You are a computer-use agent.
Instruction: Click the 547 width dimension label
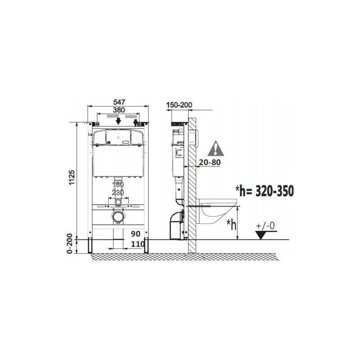click(x=119, y=102)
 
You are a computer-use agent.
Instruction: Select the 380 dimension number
click(x=119, y=110)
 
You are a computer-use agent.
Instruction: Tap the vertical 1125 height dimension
click(x=72, y=177)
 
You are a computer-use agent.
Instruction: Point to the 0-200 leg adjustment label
click(x=70, y=243)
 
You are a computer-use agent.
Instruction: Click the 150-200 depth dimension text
click(x=179, y=105)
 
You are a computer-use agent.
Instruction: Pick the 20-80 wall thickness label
click(x=210, y=162)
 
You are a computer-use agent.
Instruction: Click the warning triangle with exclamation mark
click(x=216, y=148)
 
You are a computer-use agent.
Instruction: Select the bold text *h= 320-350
click(x=265, y=191)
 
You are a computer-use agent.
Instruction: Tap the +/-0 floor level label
click(x=265, y=226)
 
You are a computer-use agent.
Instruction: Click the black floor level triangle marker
click(x=261, y=235)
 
